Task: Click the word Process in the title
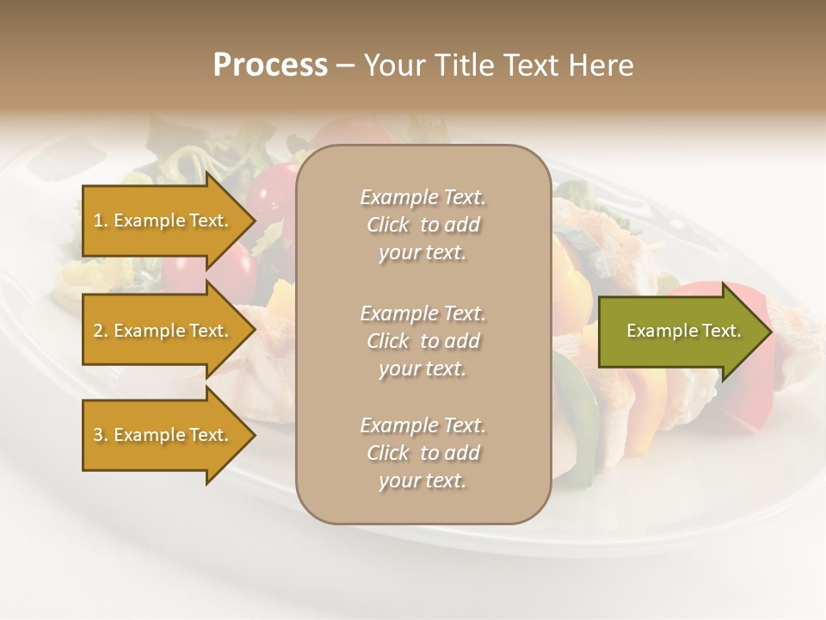[270, 65]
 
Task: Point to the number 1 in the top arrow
[98, 220]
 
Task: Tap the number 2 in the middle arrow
[98, 331]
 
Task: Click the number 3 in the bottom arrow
[98, 435]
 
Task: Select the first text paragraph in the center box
[422, 225]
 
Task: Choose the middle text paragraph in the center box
[422, 340]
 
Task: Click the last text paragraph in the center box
[422, 453]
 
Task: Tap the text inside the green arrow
[683, 331]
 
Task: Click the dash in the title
[345, 65]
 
